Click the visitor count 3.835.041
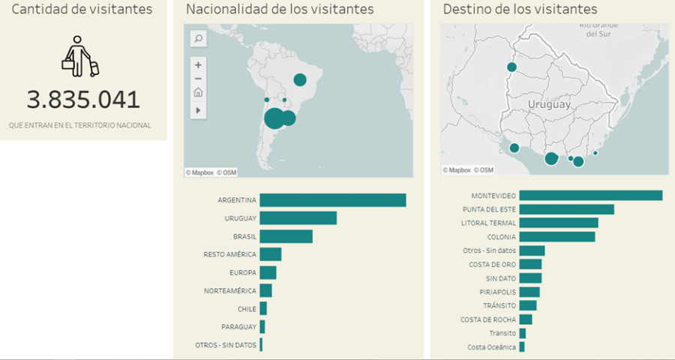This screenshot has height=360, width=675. coord(83,100)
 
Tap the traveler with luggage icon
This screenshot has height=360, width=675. coord(80,55)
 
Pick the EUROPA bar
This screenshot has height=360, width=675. coord(268,272)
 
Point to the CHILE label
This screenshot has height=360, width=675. coord(247,308)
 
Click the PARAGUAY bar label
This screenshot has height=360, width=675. coord(238,326)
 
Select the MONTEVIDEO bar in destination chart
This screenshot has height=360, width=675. coord(590,196)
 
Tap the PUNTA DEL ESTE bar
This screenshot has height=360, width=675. coord(566,209)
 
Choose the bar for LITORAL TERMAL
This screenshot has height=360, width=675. coord(558,223)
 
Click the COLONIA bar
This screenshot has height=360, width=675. coord(556,237)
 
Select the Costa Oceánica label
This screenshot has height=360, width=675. coord(491,346)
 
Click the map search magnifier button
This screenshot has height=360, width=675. coord(198,38)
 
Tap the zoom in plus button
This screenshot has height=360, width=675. coord(198,65)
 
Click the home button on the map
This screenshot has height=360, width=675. coord(198,93)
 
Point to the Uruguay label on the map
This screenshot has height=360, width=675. coord(548,104)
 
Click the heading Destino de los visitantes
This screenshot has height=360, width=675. coord(520,10)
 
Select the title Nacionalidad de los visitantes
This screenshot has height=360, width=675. coord(280,10)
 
